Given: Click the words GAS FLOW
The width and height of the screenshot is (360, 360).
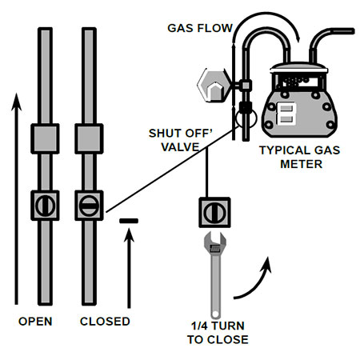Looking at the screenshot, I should coord(199,28).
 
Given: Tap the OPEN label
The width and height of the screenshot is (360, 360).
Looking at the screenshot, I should coord(36,322).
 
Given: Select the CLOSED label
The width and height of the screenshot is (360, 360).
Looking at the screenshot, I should coord(105,322).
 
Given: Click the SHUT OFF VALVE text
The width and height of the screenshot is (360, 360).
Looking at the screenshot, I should coord(180,140).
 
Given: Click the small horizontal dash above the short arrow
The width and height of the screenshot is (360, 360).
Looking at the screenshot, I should coord(128,219).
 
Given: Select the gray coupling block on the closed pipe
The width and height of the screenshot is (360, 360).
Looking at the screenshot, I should coord(90,140).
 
